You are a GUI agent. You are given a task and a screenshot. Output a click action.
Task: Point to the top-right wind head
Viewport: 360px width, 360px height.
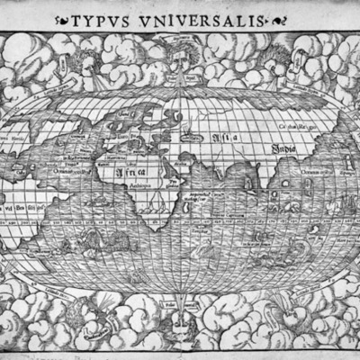point(279,58)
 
